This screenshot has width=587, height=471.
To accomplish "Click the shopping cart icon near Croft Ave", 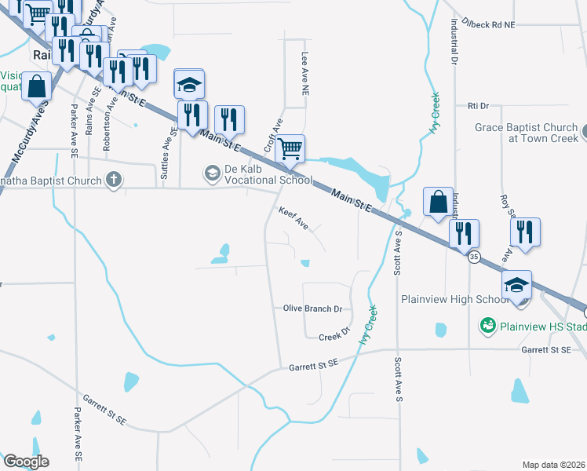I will pyautogui.click(x=290, y=148).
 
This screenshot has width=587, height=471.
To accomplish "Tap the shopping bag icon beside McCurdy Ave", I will pyautogui.click(x=37, y=86).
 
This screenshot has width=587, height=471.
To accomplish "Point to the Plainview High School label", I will pyautogui.click(x=455, y=299).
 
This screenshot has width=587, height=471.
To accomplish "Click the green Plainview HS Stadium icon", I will pyautogui.click(x=487, y=324).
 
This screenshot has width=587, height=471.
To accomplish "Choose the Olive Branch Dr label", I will pyautogui.click(x=312, y=309).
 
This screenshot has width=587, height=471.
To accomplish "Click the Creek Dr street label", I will pyautogui.click(x=333, y=337).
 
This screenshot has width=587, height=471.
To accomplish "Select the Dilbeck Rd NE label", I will pyautogui.click(x=488, y=25).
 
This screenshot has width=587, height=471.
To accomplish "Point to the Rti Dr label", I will pyautogui.click(x=478, y=105).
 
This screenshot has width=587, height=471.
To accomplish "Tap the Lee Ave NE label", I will pyautogui.click(x=305, y=75).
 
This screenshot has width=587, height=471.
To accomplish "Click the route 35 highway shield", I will pyautogui.click(x=473, y=257).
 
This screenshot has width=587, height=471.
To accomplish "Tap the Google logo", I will pyautogui.click(x=26, y=462).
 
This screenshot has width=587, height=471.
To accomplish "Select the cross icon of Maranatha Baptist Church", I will pyautogui.click(x=113, y=180).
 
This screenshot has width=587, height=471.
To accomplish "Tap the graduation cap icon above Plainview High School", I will pyautogui.click(x=517, y=284).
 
